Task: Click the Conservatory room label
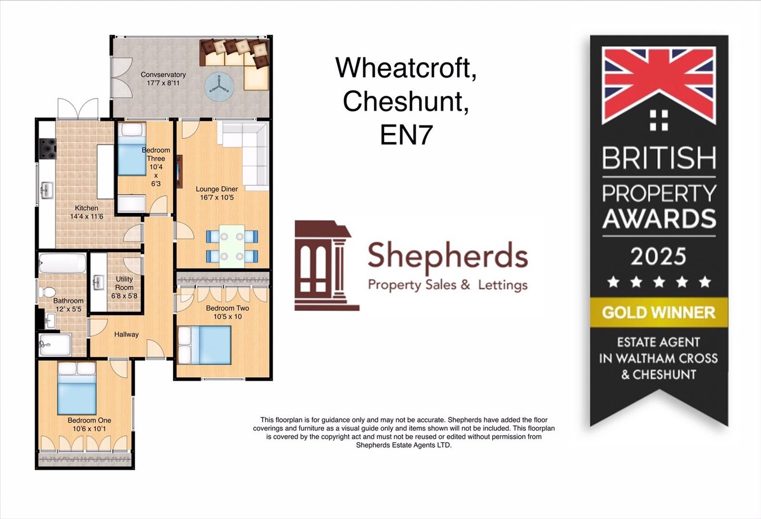163,74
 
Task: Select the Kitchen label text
87,208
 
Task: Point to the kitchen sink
47,190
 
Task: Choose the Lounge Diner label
216,189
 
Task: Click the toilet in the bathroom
48,292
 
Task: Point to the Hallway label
126,334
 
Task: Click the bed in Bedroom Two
205,345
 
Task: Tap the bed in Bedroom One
76,388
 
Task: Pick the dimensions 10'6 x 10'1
89,429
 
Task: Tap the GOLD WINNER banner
659,312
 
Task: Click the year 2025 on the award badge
659,256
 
